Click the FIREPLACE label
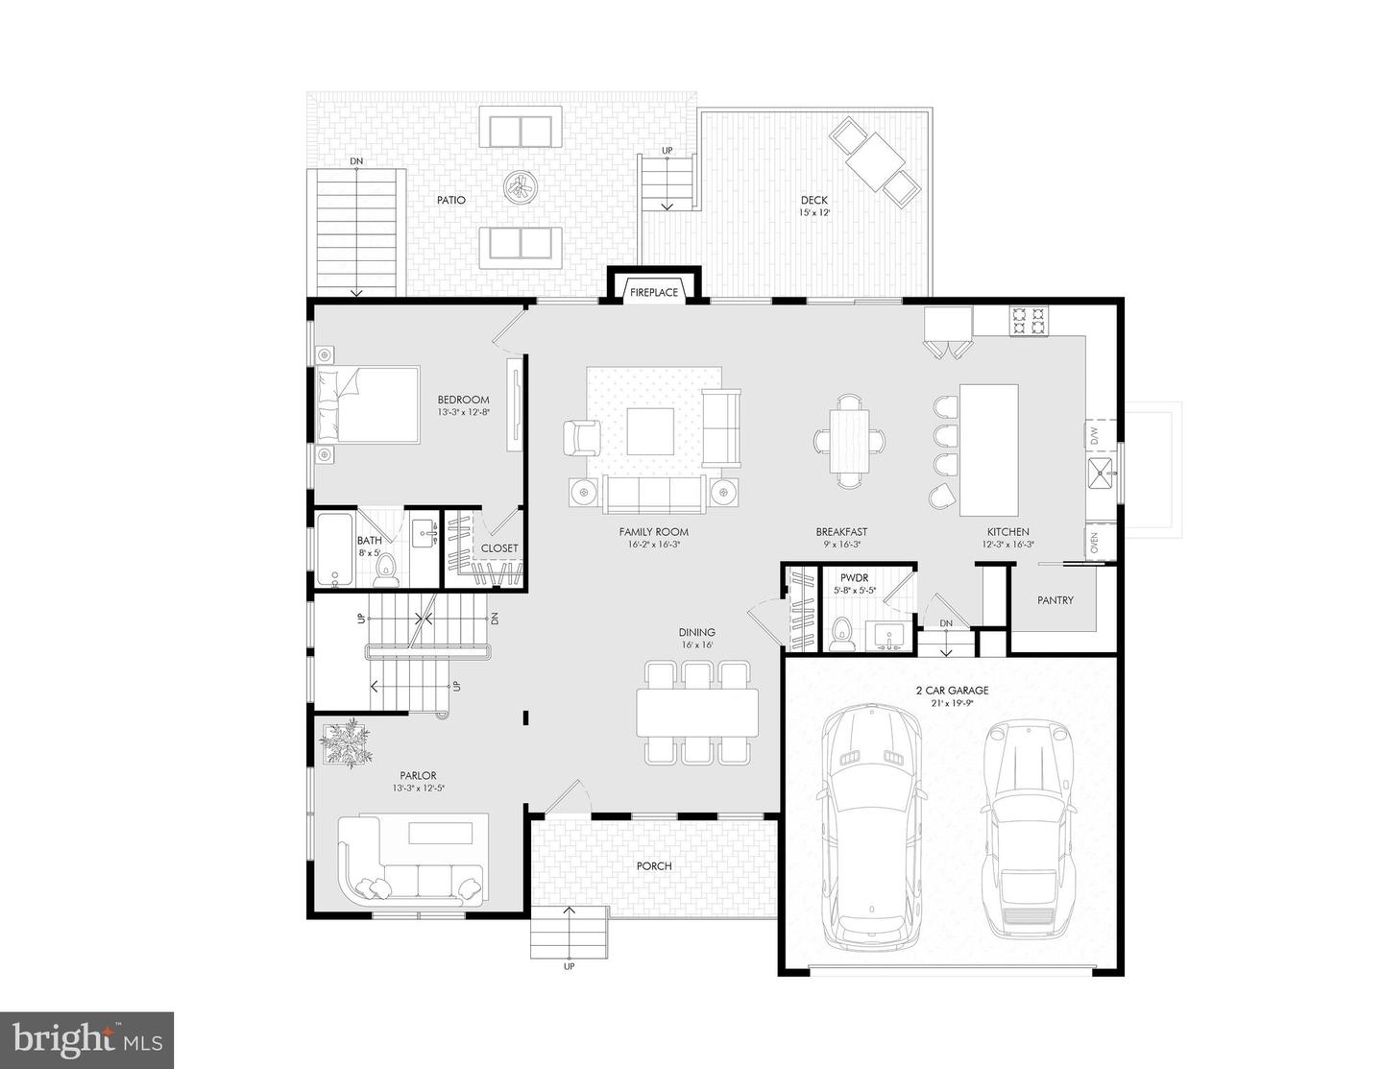[654, 293]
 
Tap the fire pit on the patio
[521, 188]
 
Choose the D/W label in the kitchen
[1095, 436]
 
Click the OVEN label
[1095, 543]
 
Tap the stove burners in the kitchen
[1029, 321]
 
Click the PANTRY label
[1055, 600]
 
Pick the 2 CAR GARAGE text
[952, 690]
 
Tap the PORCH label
[654, 866]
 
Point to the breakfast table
[850, 441]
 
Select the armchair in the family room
[582, 438]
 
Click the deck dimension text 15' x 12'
[814, 212]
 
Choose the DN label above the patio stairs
[356, 161]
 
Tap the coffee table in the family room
[650, 431]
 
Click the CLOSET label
[499, 547]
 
